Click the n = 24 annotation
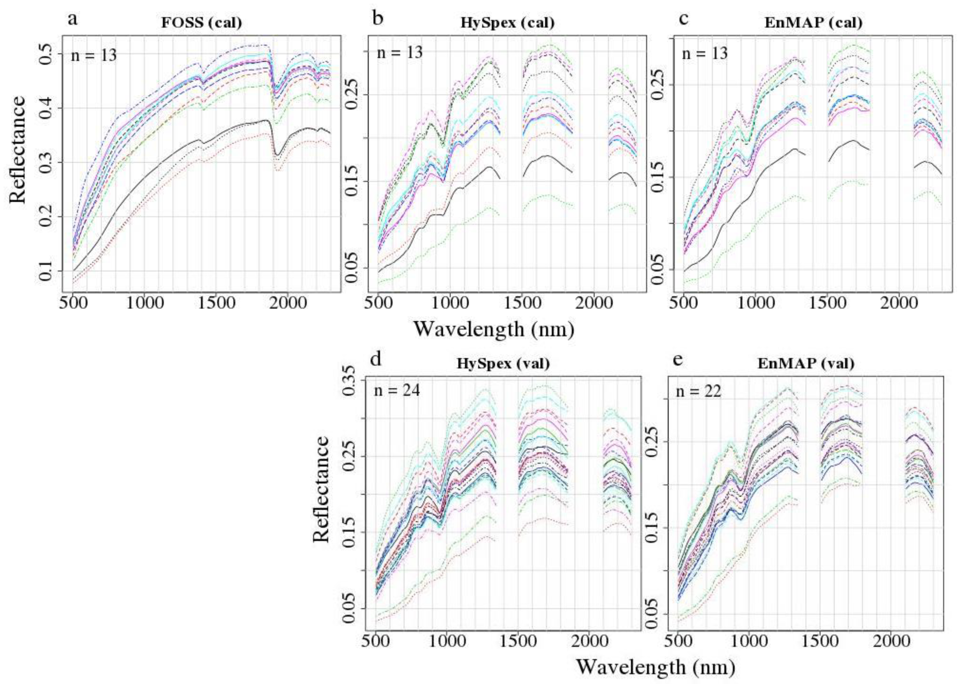point(397,391)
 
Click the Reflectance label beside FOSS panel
point(17,149)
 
